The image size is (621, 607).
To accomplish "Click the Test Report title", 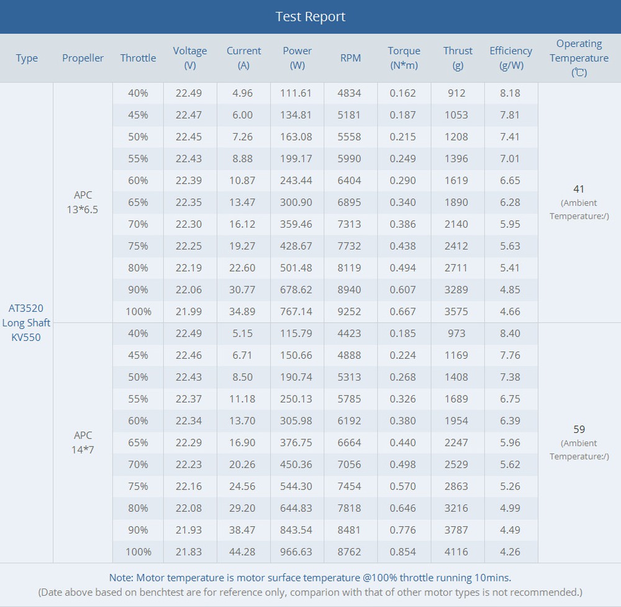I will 310,17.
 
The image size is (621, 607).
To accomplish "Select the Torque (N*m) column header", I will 404,58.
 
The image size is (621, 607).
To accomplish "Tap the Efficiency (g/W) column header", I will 510,58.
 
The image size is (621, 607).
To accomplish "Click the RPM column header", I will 350,58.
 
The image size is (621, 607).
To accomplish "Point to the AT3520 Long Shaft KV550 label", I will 26,323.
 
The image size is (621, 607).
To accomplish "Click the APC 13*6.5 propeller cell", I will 83,202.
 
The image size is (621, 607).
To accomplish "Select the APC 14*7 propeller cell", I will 83,442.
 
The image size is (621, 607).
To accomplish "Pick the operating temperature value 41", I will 579,189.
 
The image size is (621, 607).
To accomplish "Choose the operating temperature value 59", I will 579,429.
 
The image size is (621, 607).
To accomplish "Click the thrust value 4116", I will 456,552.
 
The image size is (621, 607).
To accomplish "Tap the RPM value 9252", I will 350,312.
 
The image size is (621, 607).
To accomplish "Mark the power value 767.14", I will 297,312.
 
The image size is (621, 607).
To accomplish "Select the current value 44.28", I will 243,552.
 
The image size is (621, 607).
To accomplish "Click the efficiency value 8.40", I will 510,333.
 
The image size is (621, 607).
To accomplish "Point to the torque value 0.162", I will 403,93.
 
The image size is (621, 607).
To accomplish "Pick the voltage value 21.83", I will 189,552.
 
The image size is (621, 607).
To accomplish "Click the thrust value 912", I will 456,93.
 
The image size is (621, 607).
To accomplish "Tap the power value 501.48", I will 297,268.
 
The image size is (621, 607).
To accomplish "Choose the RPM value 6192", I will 350,421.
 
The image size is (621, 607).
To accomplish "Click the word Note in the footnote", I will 120,578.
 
